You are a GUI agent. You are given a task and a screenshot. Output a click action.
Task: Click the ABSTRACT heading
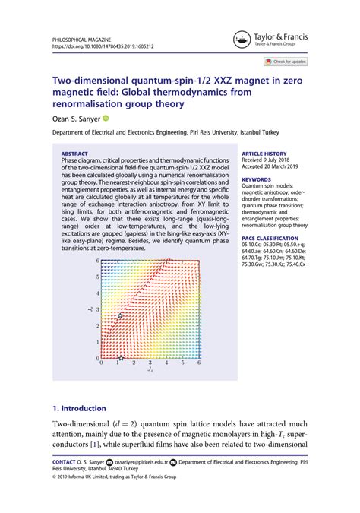tap(74, 153)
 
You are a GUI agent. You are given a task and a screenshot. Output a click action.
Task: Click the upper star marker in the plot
tap(120, 315)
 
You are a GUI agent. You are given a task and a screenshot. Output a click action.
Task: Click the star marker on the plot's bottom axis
tap(122, 358)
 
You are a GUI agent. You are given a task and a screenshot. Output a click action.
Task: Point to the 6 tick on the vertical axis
tap(97, 261)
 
